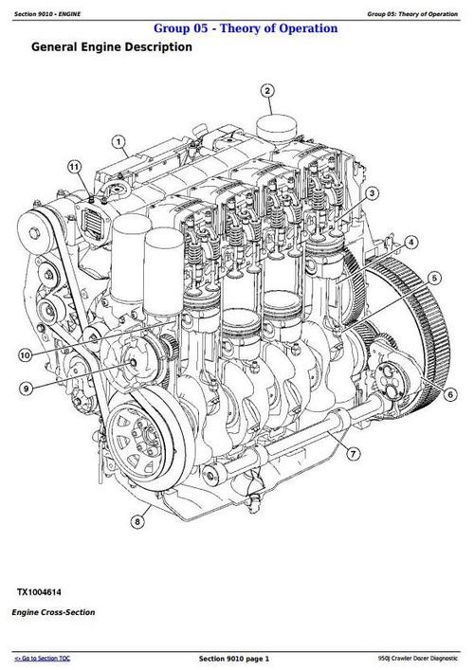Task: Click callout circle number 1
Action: [119, 143]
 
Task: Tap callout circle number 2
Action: [267, 92]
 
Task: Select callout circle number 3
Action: [373, 193]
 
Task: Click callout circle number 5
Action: [433, 278]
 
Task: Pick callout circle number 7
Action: [353, 455]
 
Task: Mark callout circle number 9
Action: [25, 388]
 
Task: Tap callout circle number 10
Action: [25, 355]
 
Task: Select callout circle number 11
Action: [73, 167]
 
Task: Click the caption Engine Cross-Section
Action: [53, 612]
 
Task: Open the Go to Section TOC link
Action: [45, 658]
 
